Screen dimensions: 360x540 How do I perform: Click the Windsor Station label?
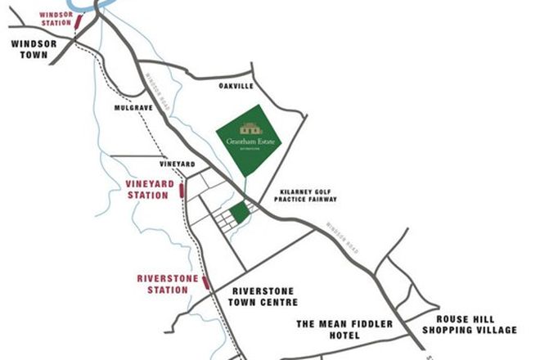pos(56,18)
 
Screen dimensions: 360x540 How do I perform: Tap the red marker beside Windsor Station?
pos(78,21)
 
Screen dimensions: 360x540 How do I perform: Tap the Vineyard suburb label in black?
pos(178,164)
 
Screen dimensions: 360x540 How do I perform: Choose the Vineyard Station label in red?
pos(150,190)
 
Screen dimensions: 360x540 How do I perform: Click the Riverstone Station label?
pos(163,284)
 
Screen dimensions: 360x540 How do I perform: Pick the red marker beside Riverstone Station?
pos(206,283)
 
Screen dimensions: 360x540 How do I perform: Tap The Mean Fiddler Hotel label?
pos(344,329)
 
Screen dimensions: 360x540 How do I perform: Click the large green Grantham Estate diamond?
pos(249,140)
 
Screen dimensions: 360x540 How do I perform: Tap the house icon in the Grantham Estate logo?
pos(250,128)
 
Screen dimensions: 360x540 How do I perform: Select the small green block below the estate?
pos(239,214)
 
